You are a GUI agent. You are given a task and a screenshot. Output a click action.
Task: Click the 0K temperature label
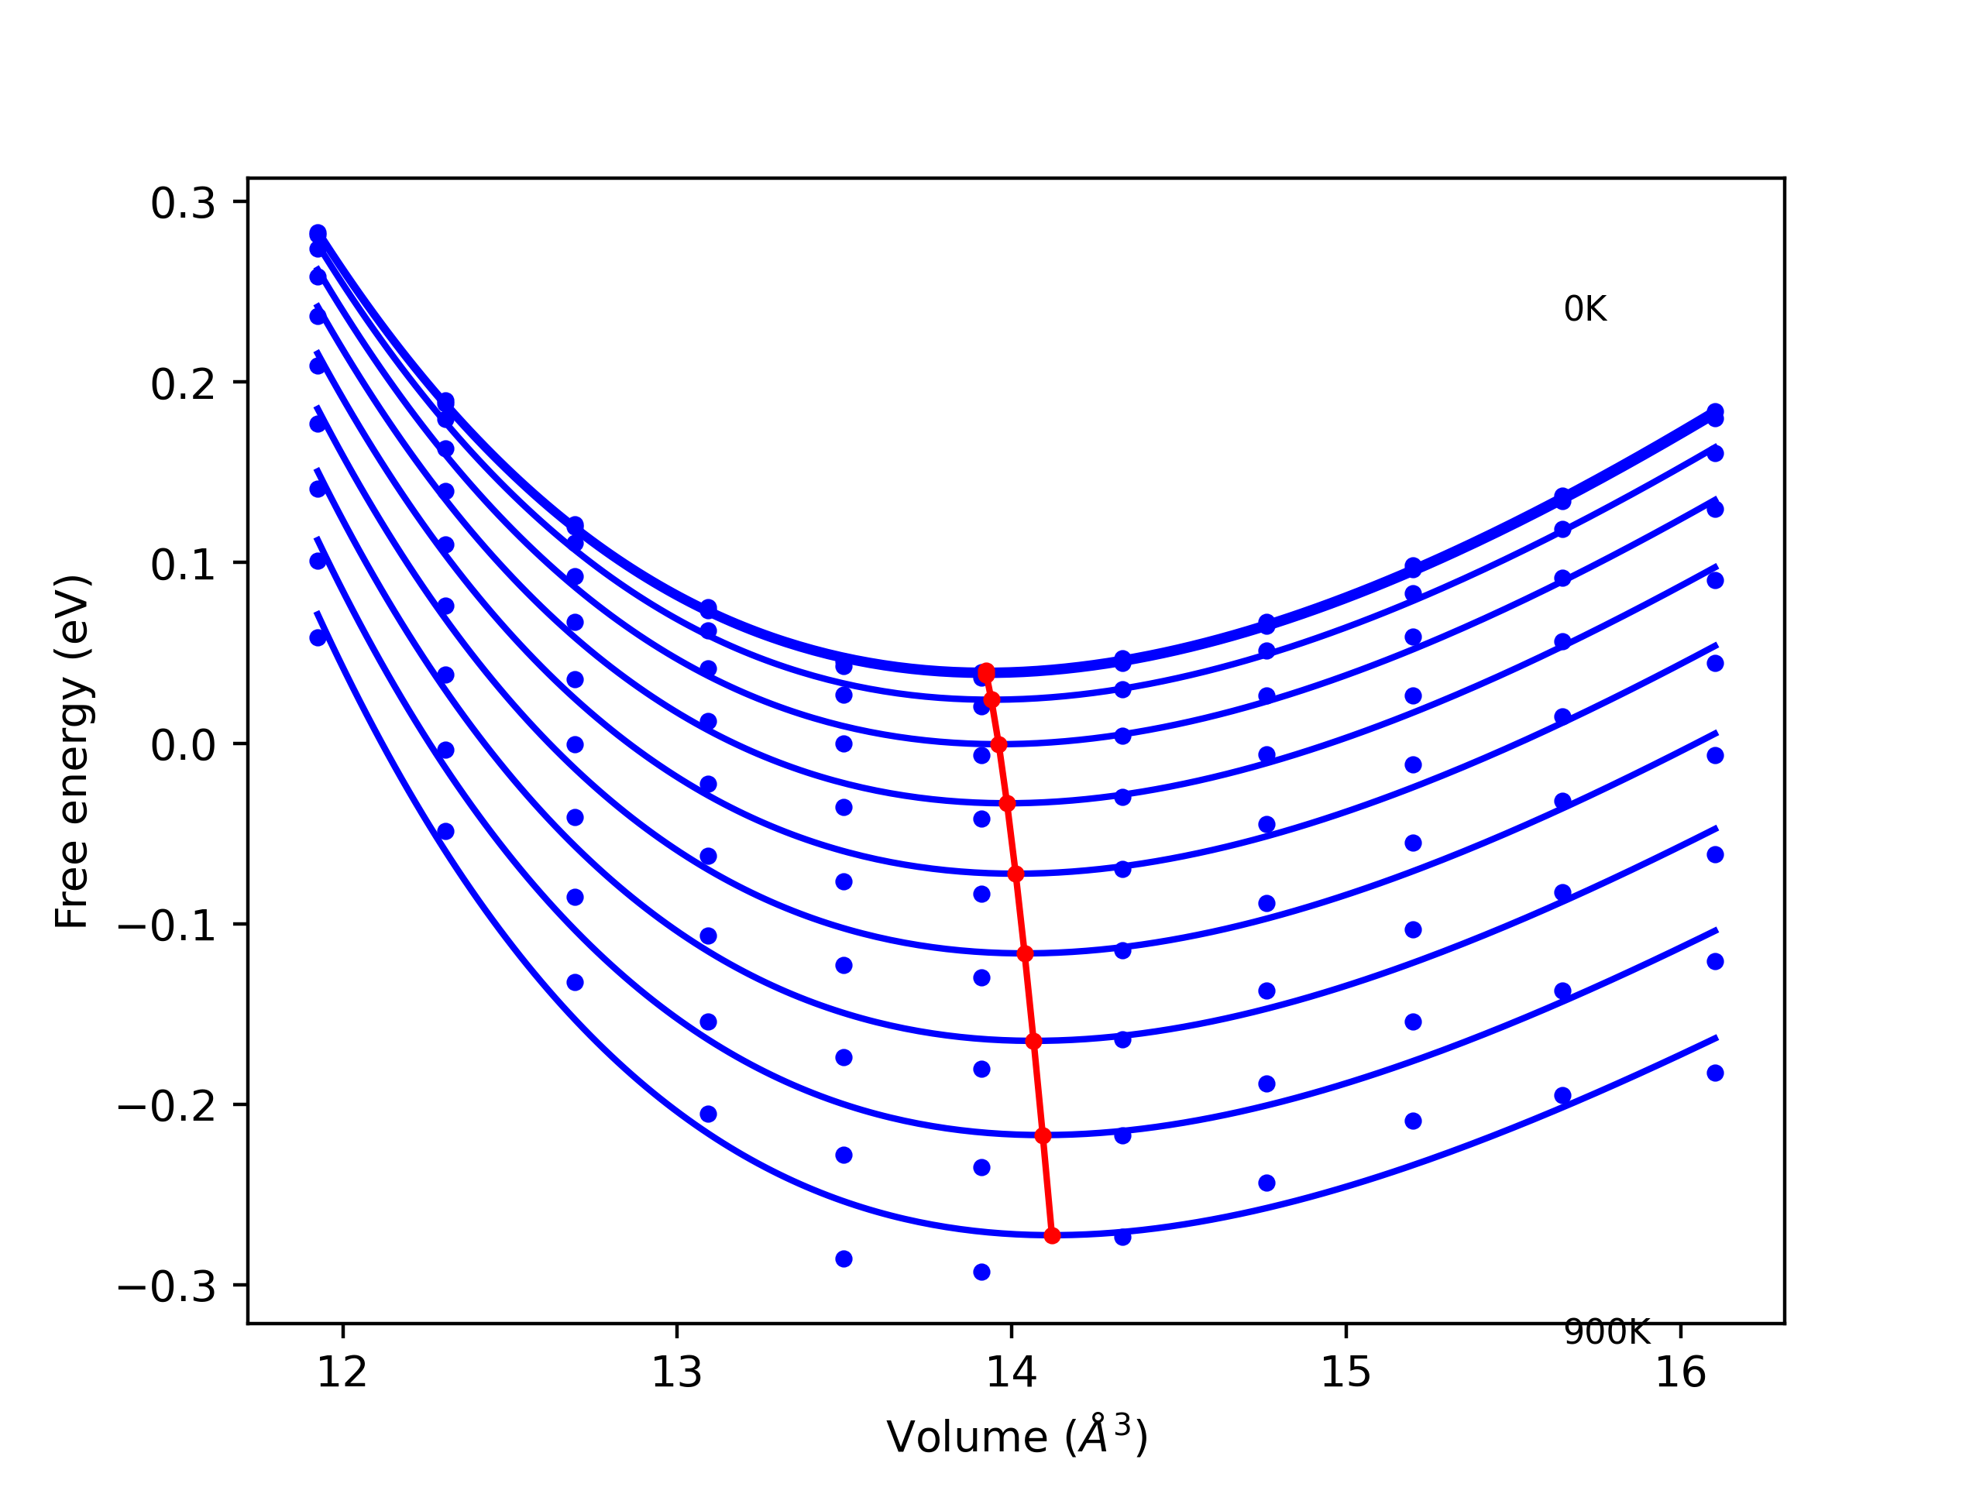coord(1584,309)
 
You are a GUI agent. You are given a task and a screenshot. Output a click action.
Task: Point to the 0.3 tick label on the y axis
coord(183,204)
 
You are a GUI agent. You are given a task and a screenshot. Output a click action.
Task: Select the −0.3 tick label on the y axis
coord(167,1287)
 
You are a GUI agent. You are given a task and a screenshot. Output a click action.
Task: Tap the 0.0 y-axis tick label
coord(183,745)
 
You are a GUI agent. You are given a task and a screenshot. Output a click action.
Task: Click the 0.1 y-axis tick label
coord(183,565)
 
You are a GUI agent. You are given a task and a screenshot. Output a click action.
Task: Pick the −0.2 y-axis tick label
coord(167,1107)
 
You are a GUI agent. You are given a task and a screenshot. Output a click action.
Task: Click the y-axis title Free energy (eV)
coord(72,751)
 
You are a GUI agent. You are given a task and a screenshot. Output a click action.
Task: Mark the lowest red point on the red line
coord(1053,1235)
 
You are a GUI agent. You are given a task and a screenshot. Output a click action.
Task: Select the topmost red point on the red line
coord(986,671)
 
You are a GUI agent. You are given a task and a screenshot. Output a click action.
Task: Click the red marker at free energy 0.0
coord(998,744)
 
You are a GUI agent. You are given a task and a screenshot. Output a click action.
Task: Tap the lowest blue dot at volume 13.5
coord(844,1259)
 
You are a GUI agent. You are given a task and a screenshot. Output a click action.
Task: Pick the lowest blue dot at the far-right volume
coord(1715,1073)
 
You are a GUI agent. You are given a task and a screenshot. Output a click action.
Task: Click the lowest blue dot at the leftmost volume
coord(318,637)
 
